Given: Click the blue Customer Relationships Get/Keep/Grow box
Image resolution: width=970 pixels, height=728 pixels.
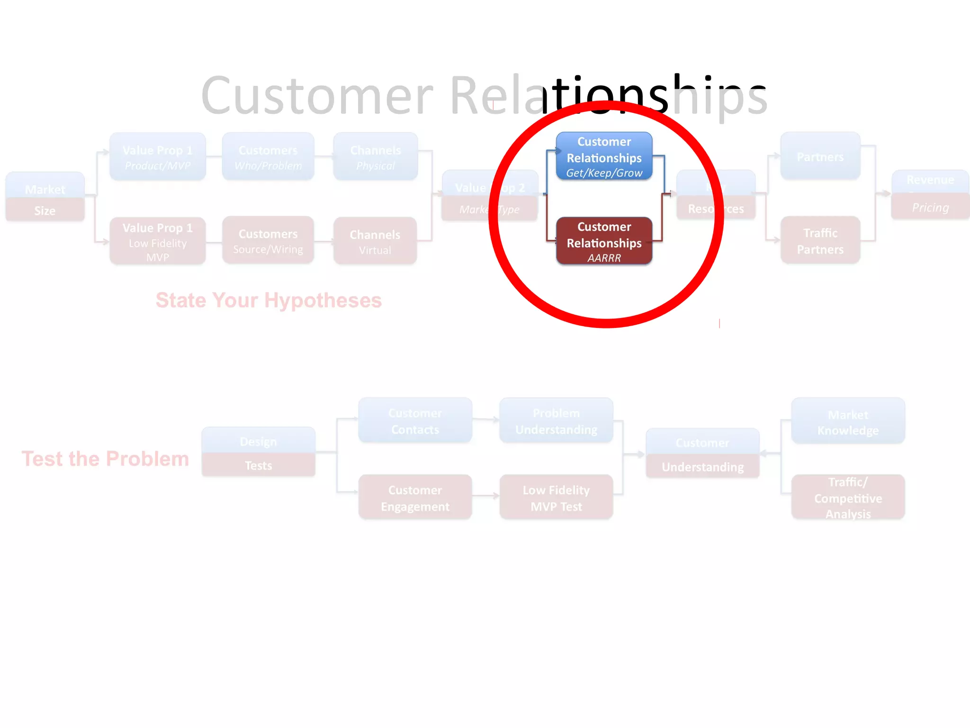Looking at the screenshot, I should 604,156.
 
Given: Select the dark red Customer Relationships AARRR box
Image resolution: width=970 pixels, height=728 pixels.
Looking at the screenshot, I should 604,241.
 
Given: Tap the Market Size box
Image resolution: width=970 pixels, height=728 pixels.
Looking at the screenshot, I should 45,197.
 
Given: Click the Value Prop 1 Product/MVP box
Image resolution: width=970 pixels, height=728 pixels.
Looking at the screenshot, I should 158,157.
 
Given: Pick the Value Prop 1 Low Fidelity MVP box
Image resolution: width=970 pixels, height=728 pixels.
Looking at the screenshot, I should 158,241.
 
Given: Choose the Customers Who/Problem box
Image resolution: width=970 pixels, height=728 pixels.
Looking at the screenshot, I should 268,157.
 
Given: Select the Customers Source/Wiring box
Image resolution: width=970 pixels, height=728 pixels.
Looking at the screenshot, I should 268,241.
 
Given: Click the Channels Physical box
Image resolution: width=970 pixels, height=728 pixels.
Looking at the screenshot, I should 376,157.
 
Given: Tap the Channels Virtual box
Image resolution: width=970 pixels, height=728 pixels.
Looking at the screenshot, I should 375,241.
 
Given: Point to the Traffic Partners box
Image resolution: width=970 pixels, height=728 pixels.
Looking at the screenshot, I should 820,241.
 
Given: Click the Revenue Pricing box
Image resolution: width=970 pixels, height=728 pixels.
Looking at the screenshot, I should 930,195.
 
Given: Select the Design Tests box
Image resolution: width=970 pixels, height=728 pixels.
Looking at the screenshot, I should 259,453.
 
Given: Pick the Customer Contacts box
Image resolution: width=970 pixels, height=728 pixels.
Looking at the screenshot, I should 415,421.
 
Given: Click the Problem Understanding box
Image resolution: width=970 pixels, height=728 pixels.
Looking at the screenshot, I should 557,421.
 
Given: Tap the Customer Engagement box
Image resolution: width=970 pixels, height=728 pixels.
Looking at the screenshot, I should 415,498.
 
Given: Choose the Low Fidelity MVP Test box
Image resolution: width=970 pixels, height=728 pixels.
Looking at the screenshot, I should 557,498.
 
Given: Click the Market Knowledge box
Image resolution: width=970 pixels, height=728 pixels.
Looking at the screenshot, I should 848,422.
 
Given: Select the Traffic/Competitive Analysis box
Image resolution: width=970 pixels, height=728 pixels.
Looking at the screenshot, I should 848,498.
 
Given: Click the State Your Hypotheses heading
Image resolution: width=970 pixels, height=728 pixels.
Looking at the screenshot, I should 269,300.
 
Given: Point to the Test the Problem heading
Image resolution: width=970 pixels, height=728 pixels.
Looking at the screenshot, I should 105,459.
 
